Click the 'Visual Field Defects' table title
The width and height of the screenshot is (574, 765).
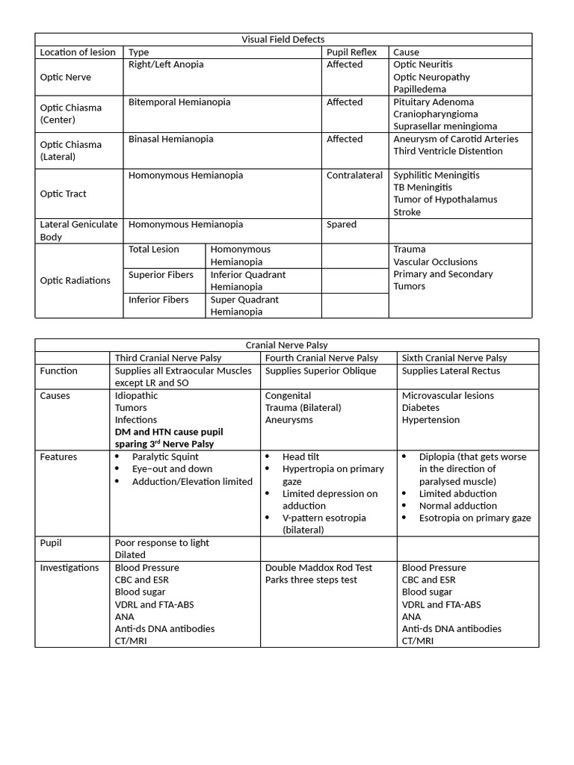coord(283,40)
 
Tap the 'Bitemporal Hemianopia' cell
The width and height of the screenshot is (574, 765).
coord(179,102)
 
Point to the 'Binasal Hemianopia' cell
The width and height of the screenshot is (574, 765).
coord(170,139)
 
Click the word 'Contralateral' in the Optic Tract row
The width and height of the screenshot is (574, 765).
coord(354,176)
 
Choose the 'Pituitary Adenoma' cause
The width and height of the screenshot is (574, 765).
coord(433,102)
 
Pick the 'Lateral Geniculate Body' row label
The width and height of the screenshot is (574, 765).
coord(78,231)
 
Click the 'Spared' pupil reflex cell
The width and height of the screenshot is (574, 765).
coord(342,225)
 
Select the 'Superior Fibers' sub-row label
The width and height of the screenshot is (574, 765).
coord(160,275)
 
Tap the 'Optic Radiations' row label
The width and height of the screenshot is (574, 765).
coord(75,281)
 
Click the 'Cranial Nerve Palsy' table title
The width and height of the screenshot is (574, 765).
coord(286,345)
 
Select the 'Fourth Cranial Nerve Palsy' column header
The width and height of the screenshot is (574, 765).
coord(321,358)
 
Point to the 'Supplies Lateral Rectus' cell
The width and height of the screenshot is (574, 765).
coord(451,371)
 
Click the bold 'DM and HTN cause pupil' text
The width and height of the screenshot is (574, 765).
coord(169,432)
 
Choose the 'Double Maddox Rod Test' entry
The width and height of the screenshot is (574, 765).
coord(318,568)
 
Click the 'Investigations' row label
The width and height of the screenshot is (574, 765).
coord(70,568)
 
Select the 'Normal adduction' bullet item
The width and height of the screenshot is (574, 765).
coord(457,506)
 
